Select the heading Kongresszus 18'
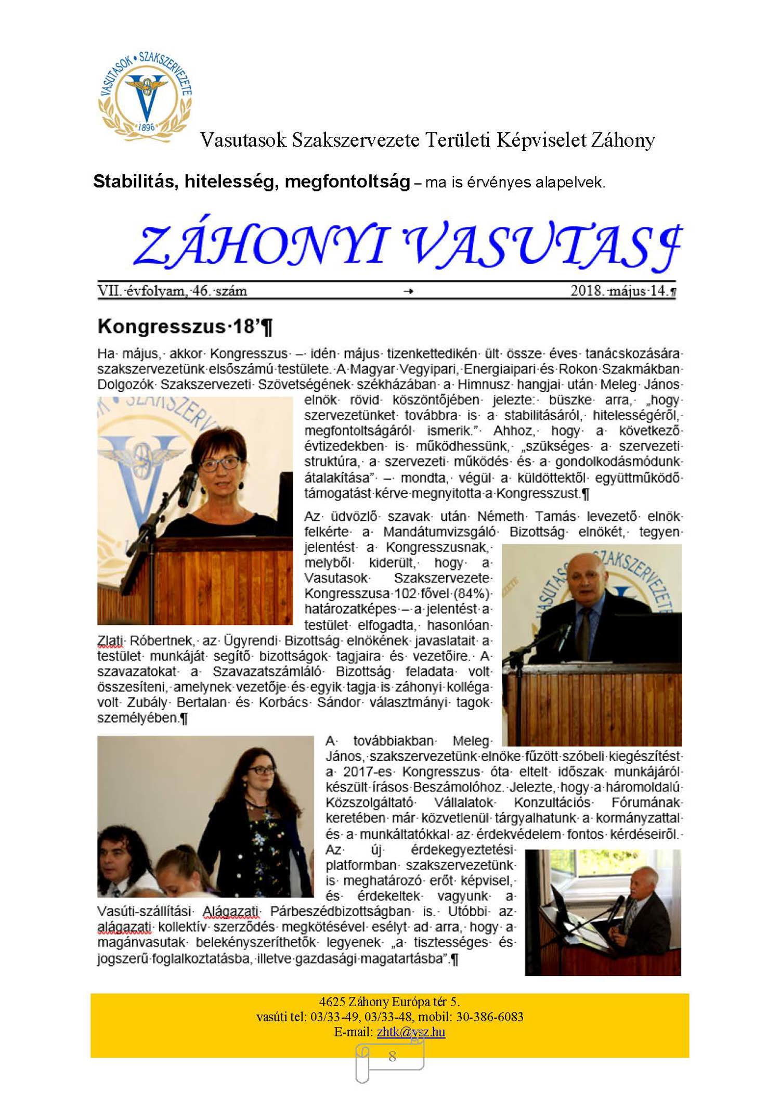[x=185, y=327]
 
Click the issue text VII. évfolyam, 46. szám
[x=172, y=290]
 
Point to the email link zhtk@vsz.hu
[x=411, y=1032]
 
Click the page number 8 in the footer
[x=392, y=1056]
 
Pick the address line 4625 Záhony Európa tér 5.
[x=389, y=1002]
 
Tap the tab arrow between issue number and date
[x=409, y=291]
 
